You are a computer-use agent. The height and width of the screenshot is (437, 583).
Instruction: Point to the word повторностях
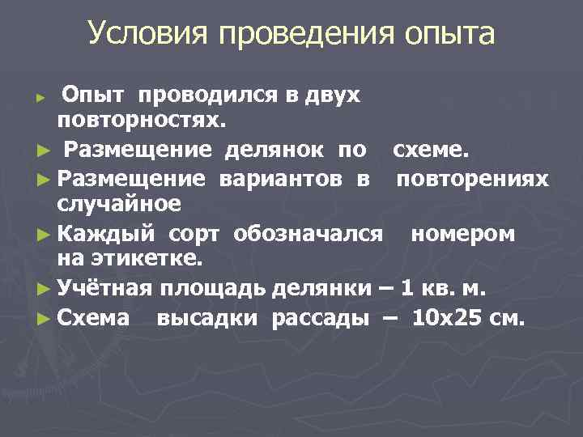[x=141, y=122]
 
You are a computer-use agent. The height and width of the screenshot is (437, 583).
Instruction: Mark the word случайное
[x=119, y=203]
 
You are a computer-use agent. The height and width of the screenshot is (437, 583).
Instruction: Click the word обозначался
[x=308, y=234]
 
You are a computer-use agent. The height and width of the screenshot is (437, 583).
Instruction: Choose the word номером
[x=462, y=234]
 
